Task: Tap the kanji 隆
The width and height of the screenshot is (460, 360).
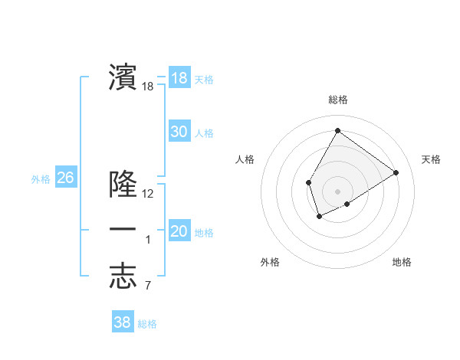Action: coord(123,184)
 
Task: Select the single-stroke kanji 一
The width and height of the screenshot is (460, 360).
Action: coord(123,230)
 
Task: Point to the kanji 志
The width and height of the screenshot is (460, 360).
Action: coord(123,276)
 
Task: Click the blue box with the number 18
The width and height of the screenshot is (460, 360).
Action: coord(179,78)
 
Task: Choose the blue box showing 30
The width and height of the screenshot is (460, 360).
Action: coord(179,132)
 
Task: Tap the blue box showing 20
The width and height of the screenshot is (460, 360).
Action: coord(179,231)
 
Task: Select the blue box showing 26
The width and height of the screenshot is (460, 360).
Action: coord(65,178)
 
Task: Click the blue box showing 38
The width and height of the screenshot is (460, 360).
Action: coord(123,322)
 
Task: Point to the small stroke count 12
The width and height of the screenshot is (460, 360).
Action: coord(148,194)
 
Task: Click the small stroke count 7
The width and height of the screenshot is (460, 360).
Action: coord(148,286)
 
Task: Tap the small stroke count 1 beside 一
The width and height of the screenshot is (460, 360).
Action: coord(148,240)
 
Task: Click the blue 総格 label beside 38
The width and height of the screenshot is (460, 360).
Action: coord(147,324)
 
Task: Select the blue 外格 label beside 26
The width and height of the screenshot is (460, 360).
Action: coord(41,179)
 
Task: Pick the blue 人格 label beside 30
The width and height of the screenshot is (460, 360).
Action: coord(204,133)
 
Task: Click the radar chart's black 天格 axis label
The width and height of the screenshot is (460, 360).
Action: coord(432,159)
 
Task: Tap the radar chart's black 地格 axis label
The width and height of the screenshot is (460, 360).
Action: coord(402,262)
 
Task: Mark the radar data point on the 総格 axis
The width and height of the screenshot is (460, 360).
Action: coord(337,130)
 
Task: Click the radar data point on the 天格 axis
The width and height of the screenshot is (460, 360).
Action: coord(396,172)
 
